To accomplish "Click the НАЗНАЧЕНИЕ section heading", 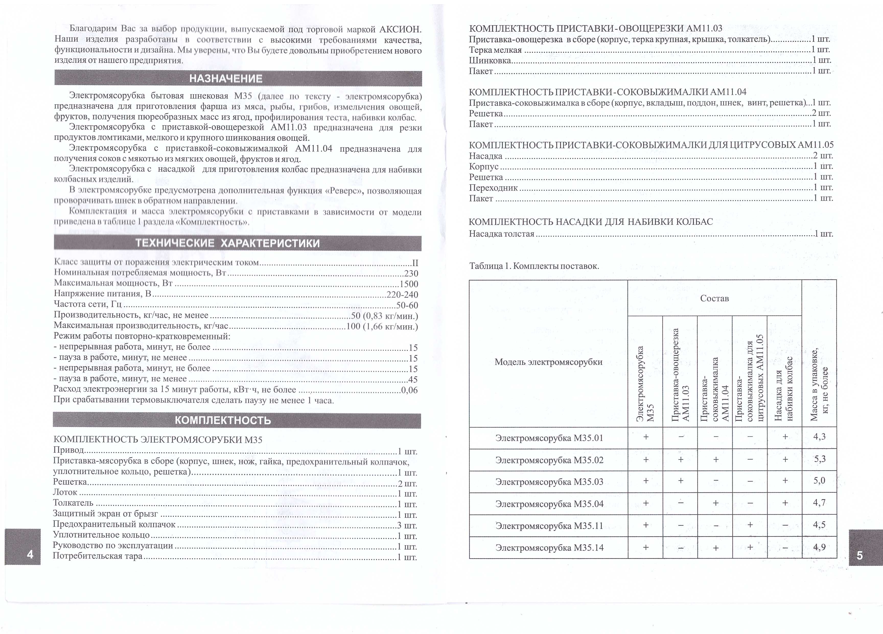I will pos(226,79).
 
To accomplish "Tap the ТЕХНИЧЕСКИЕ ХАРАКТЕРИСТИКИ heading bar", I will pos(227,243).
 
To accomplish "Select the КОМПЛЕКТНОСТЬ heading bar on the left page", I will pos(223,420).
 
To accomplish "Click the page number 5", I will pos(860,555).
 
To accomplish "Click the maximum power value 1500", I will pos(409,284).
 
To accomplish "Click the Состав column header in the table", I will pos(714,298).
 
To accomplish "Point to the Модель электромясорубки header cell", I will pos(548,362).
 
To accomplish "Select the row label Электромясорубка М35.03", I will pos(549,482).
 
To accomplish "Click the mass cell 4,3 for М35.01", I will pos(819,436).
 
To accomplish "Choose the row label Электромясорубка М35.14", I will pos(549,548).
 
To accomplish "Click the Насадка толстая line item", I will pos(502,234).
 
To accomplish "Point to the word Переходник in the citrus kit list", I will pos(493,188).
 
